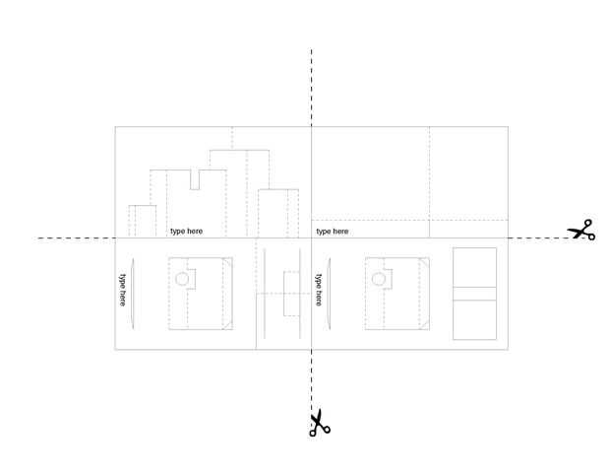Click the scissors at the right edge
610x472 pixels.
tap(581, 231)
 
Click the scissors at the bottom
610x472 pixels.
tap(319, 423)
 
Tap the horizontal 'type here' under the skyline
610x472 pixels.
tap(187, 232)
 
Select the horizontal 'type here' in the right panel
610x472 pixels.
tap(333, 232)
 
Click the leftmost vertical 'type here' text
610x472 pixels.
tap(123, 289)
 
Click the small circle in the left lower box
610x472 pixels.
tap(181, 280)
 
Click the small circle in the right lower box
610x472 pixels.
tap(378, 280)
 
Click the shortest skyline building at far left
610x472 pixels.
tap(142, 221)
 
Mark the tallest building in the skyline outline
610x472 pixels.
tap(239, 192)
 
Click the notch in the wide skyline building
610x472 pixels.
tap(195, 178)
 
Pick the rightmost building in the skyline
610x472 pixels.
tap(278, 213)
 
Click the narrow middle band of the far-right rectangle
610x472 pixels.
tap(474, 294)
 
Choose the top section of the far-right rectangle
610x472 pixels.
tap(474, 267)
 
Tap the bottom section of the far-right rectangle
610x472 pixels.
tap(474, 320)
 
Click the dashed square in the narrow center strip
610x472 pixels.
tap(290, 293)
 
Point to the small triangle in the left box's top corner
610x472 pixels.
tap(227, 263)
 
